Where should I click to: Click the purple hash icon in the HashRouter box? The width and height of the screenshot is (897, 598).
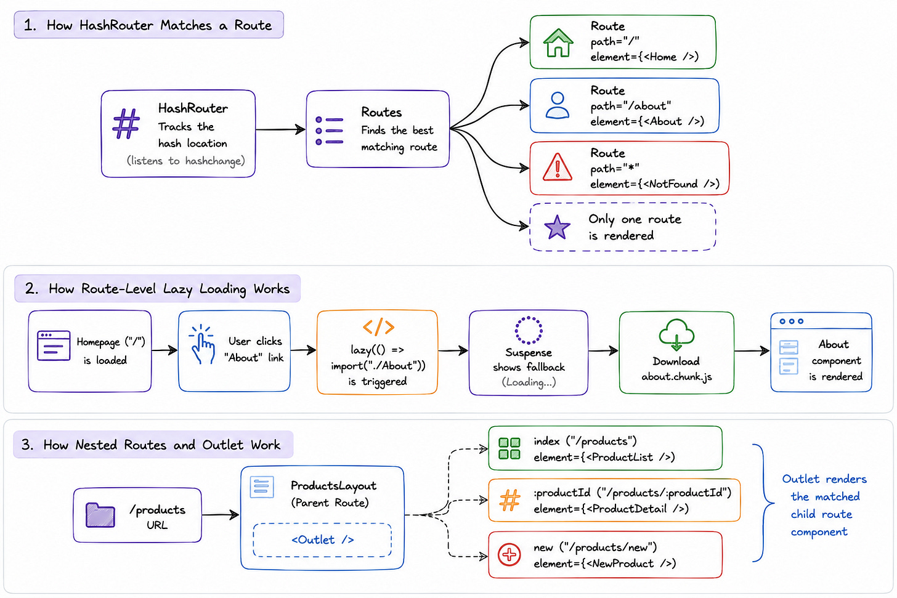[126, 124]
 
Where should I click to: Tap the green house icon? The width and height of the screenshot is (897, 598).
[558, 43]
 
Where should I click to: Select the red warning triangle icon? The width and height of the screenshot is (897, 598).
[558, 168]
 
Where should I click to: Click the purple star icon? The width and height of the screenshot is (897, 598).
[557, 227]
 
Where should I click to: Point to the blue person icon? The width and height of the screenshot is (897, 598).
[558, 106]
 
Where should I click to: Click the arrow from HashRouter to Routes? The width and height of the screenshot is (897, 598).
[280, 129]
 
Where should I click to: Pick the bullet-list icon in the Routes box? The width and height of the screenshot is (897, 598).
[329, 131]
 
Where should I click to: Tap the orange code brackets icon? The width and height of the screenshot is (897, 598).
[378, 327]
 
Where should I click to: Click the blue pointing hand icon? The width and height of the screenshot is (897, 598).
[202, 344]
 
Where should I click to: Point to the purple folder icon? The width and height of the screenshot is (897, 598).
[100, 515]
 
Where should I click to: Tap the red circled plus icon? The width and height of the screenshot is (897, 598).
[509, 555]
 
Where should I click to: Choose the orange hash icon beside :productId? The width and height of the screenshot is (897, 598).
[509, 500]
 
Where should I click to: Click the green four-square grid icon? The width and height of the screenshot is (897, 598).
[509, 448]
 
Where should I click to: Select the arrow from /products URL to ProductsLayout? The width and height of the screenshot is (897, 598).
[221, 515]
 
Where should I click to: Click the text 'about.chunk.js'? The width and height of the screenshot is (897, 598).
[676, 377]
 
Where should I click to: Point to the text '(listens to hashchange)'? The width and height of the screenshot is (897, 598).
[186, 161]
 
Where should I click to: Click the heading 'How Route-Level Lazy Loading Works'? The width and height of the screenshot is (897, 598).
[169, 289]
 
